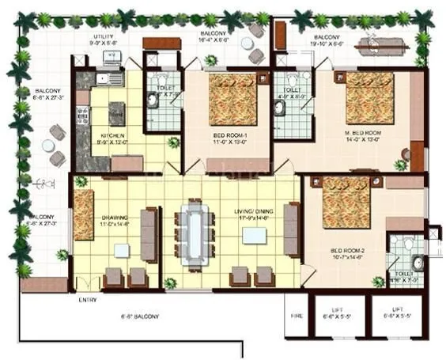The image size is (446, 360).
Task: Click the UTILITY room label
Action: pos(104,36)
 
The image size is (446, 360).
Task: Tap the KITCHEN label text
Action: pos(108,135)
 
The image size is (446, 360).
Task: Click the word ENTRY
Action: pos(89,300)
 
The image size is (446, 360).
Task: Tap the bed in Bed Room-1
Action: pos(232,100)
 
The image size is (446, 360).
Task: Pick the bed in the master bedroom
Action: pos(369,97)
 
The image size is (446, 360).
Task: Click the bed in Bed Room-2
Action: pos(346,203)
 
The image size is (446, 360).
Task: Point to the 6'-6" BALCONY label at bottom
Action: pos(142,316)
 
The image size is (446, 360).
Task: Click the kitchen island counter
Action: pos(116,112)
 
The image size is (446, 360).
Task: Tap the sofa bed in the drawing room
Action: pos(83,214)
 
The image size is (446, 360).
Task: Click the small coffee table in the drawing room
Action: pos(121,250)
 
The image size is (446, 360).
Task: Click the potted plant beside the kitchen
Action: pos(173,142)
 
